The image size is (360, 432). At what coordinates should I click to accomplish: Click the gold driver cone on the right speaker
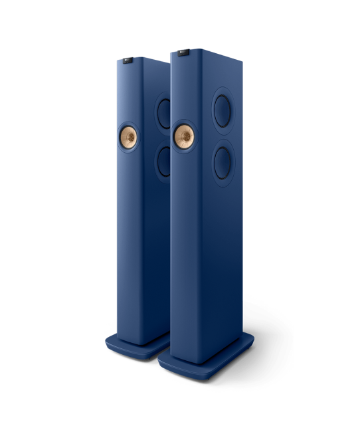[183, 135]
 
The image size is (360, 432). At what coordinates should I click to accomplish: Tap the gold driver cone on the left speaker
[128, 137]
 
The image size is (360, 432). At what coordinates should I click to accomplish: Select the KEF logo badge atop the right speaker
[181, 51]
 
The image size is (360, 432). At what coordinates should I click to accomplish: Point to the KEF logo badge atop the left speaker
[128, 60]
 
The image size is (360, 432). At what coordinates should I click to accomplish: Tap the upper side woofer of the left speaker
[163, 112]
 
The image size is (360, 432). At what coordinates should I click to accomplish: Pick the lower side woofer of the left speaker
[163, 162]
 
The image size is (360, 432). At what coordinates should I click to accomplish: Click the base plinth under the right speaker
[206, 358]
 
